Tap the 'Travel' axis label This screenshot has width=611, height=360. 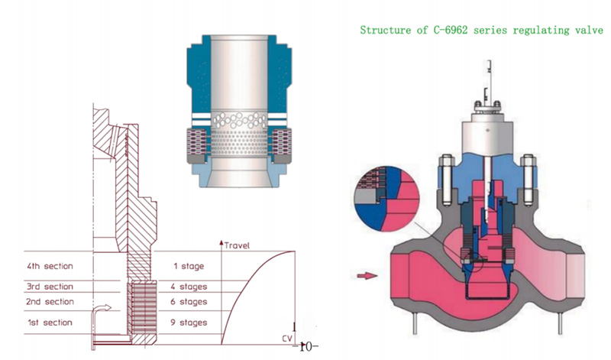238,245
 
